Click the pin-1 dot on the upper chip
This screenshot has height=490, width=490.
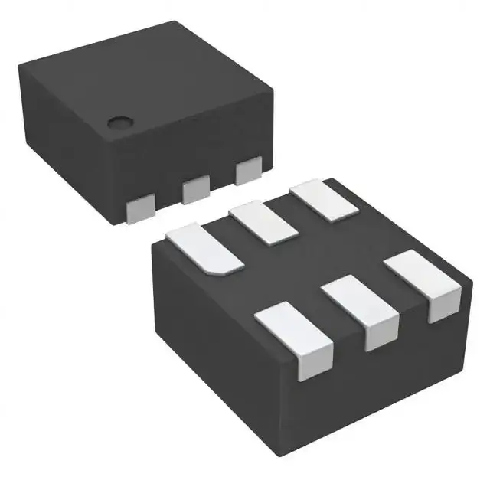click(x=118, y=122)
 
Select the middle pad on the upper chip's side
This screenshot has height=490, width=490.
click(x=196, y=188)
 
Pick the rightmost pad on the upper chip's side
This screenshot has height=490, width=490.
click(x=250, y=171)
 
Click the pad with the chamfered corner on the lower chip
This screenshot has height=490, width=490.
click(x=204, y=247)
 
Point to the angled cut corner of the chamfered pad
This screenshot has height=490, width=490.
click(x=230, y=269)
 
